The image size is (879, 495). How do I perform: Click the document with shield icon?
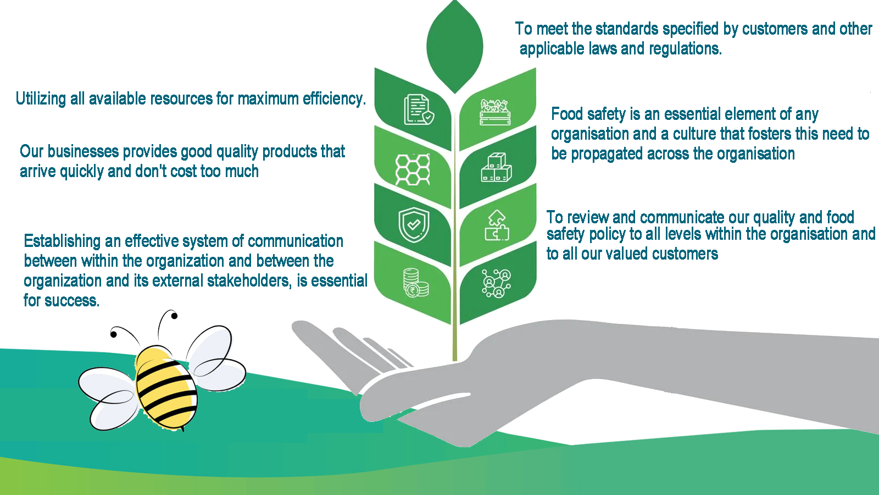[419, 109]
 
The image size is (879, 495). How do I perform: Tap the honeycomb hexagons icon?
[413, 169]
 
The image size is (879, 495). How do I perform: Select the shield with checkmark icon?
[414, 225]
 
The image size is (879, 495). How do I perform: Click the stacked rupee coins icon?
[416, 283]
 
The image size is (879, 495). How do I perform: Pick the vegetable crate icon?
[495, 112]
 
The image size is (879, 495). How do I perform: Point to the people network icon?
[497, 283]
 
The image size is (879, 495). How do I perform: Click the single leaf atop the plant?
[455, 46]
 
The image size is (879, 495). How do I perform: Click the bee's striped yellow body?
[166, 388]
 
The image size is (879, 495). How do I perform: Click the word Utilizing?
[41, 98]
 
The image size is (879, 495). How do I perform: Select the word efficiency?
[335, 98]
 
